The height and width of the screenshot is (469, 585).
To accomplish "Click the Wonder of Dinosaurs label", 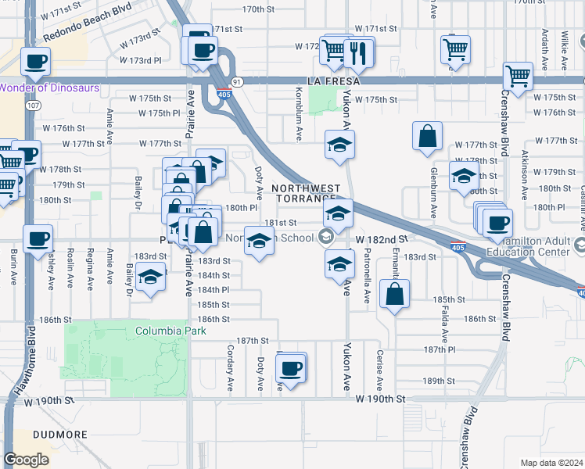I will pos(49,88).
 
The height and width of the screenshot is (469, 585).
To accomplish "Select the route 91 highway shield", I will pos(236,81).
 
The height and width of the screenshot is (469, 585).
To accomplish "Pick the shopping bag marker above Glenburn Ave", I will pos(428,135).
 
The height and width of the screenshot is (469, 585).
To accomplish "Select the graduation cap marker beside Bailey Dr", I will pos(149,277).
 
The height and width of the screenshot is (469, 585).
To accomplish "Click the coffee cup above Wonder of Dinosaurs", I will pos(35,60).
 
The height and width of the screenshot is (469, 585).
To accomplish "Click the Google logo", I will pos(26,460).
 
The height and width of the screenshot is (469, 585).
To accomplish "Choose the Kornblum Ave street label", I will pos(300,120).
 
